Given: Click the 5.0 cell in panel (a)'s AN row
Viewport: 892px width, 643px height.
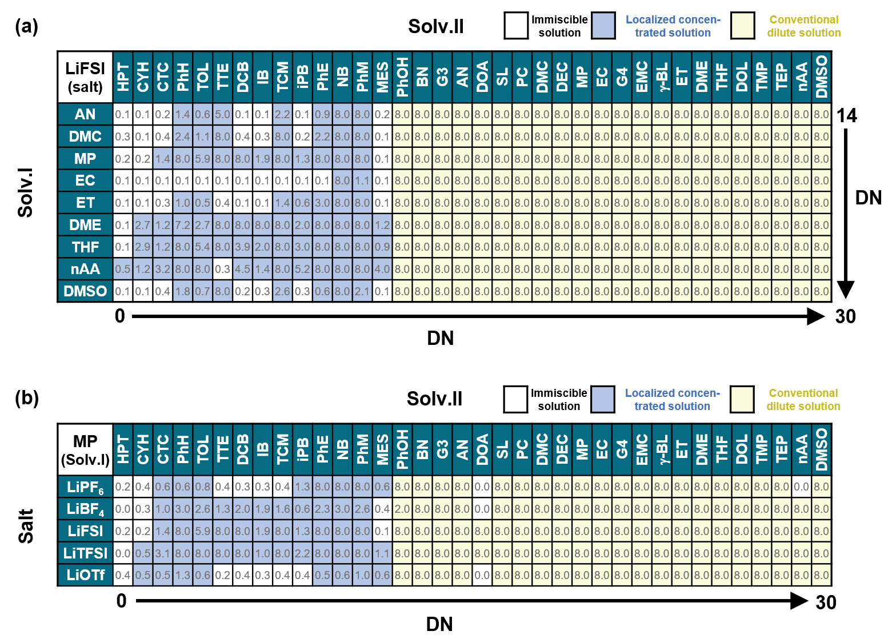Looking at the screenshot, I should click(222, 114).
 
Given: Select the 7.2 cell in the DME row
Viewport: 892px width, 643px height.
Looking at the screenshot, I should click(182, 225).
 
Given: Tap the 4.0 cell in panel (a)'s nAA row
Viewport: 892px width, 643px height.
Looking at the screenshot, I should click(382, 269).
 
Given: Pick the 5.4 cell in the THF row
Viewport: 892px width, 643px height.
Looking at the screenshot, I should click(202, 247).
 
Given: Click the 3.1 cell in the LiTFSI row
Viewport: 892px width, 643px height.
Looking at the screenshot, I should click(163, 553).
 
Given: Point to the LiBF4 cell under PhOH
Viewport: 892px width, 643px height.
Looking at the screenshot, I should click(402, 509).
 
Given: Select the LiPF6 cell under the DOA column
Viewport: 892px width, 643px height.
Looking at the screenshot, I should click(482, 487).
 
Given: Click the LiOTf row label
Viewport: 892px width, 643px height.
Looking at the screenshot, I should click(86, 575).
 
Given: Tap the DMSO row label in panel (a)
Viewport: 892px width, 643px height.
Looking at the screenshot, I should click(86, 291).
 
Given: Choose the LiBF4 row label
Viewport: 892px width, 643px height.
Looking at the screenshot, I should click(86, 509).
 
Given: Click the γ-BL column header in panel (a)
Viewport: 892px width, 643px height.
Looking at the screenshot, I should click(662, 77).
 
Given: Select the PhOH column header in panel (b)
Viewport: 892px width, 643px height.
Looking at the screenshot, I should click(402, 449).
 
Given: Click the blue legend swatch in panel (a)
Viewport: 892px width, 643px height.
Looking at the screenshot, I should click(603, 26).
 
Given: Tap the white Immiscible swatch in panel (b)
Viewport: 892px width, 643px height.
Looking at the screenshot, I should click(515, 399).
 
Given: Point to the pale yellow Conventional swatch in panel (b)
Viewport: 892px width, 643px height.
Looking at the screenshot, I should click(742, 399).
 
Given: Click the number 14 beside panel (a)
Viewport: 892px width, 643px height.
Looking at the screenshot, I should click(847, 116).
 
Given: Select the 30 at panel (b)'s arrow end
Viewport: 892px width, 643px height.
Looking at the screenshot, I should click(826, 602).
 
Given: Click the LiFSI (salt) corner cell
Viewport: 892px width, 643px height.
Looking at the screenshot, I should click(86, 77).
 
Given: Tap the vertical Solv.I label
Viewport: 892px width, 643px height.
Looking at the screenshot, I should click(26, 192).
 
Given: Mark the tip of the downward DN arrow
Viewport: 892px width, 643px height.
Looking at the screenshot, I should click(846, 296).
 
